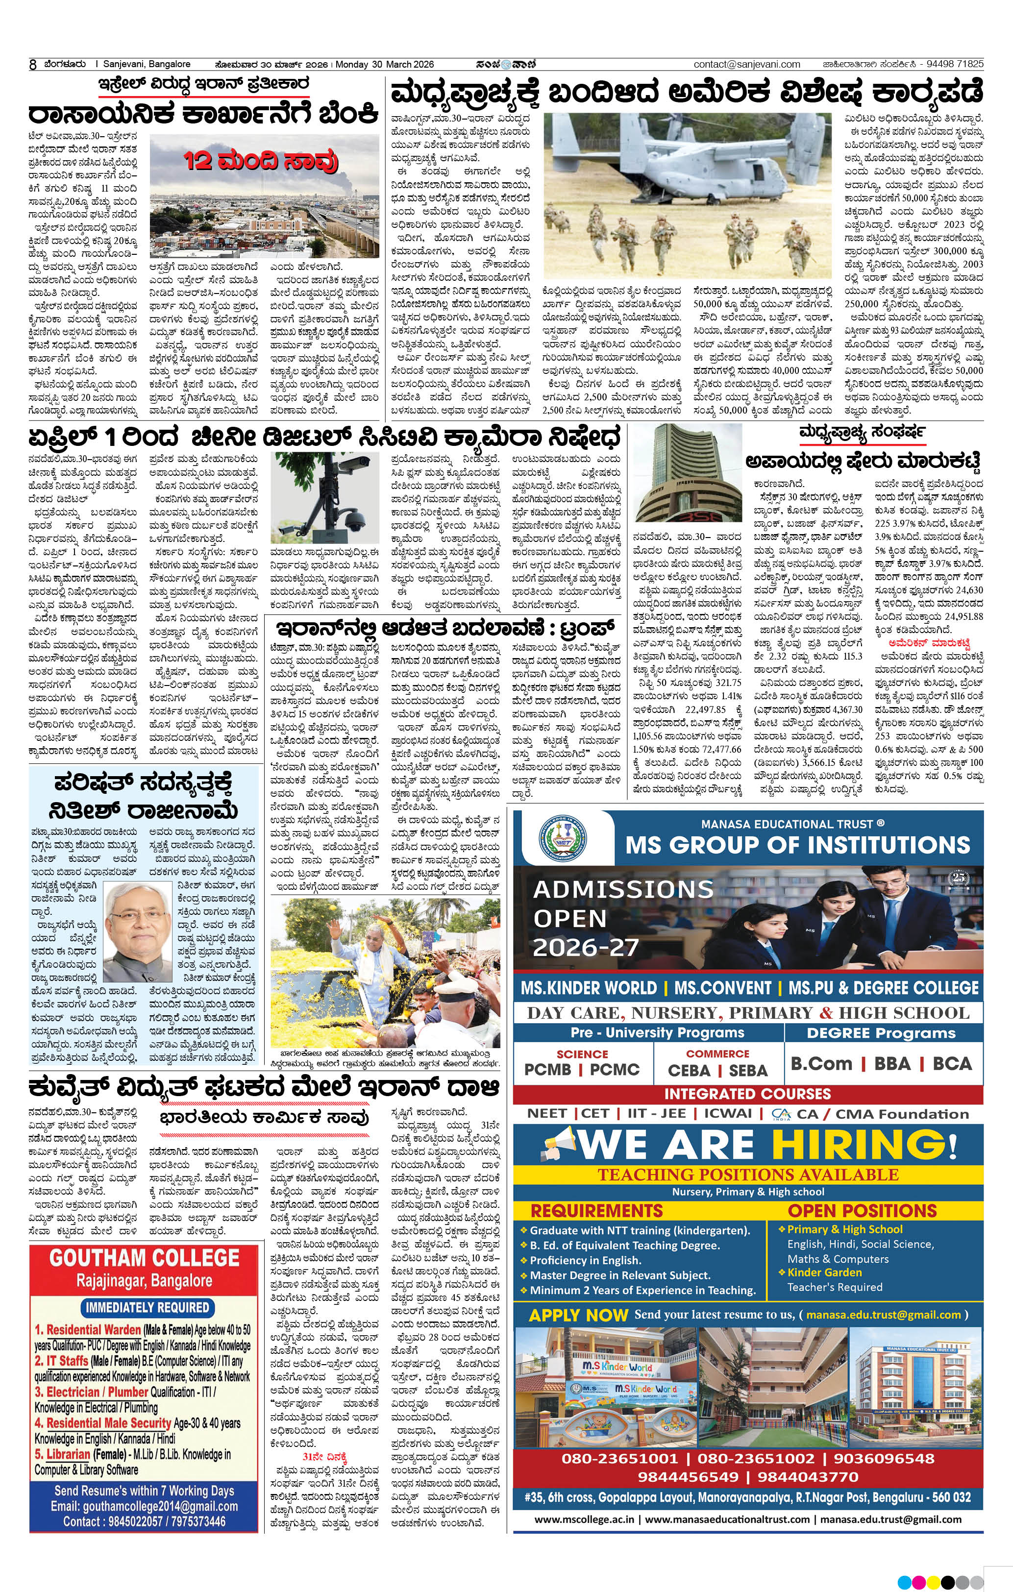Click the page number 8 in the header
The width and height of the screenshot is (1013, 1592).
coord(32,65)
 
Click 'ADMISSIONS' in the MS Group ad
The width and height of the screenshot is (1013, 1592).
coord(623,890)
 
